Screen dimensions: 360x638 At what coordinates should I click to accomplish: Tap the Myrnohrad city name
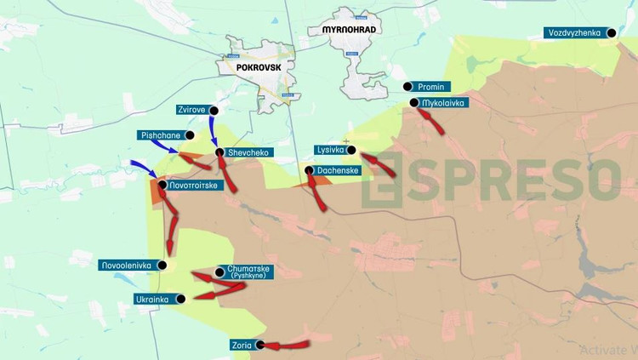click(349, 30)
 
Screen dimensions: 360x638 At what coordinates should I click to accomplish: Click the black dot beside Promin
click(407, 87)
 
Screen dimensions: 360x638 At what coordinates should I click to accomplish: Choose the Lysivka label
click(329, 150)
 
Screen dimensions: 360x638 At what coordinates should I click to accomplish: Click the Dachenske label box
click(338, 171)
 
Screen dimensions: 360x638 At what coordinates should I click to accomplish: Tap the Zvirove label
click(190, 110)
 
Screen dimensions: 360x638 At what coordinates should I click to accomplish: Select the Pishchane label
click(158, 135)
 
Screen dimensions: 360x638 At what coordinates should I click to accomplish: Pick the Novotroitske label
click(198, 185)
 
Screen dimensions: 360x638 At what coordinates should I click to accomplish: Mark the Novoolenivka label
click(125, 265)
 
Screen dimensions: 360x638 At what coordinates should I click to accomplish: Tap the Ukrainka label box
click(154, 299)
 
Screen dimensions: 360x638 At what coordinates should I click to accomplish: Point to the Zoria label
click(240, 346)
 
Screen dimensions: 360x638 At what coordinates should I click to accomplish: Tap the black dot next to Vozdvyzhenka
click(610, 33)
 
